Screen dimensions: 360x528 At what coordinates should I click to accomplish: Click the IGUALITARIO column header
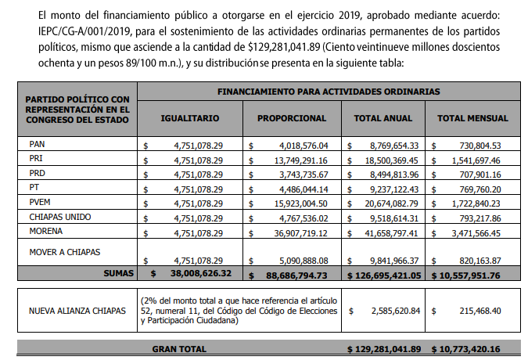[189, 118]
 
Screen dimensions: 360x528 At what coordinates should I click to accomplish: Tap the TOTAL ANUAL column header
[383, 118]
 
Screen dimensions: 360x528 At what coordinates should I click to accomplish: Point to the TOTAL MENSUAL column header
[472, 118]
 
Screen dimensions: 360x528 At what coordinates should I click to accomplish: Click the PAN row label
[37, 145]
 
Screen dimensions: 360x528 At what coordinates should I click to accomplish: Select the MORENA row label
[46, 231]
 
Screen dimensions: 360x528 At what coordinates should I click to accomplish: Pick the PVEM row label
[39, 202]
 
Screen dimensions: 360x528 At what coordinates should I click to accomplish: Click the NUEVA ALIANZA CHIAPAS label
[77, 311]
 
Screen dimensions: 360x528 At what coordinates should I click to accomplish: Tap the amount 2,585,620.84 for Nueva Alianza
[394, 311]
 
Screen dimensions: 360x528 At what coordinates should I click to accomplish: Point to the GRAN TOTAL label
[179, 347]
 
